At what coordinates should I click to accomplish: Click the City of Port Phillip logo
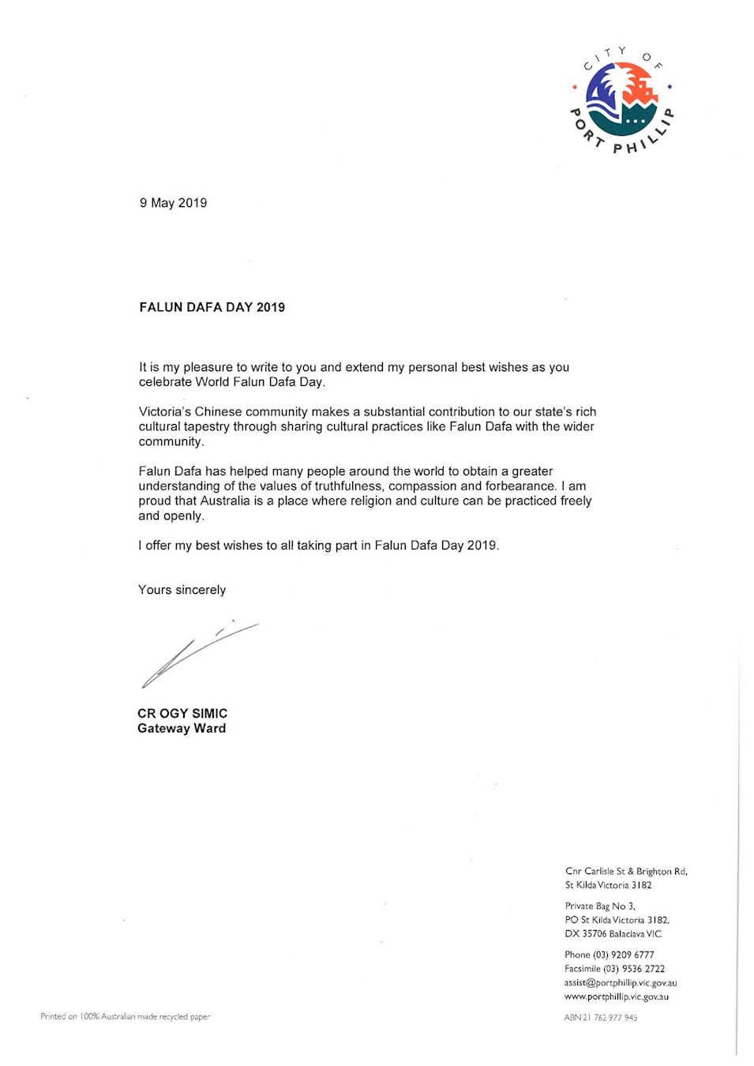click(623, 99)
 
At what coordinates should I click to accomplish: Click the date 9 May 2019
click(173, 203)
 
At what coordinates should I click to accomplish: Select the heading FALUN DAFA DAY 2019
click(212, 307)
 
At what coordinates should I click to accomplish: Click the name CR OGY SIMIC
click(182, 713)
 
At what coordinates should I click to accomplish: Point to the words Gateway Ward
click(182, 728)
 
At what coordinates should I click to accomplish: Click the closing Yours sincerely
click(182, 590)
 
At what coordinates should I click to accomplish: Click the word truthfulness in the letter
click(346, 486)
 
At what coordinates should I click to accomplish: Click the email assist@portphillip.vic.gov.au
click(621, 983)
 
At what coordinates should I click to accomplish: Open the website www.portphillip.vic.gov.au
click(617, 997)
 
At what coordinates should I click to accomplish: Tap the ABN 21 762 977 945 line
click(600, 1017)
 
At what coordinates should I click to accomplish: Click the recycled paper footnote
click(126, 1016)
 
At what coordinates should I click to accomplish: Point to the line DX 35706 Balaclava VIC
click(613, 934)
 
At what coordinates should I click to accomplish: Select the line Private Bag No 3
click(600, 906)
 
